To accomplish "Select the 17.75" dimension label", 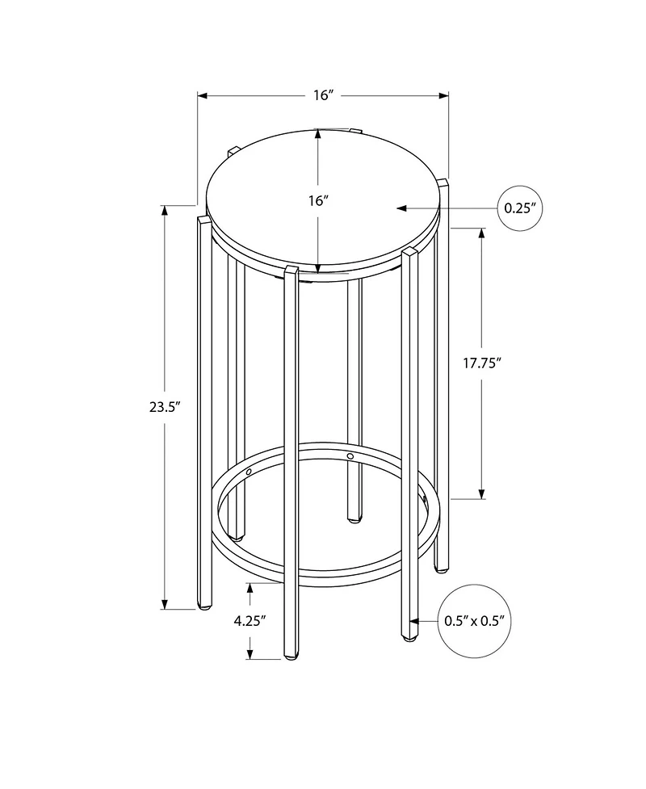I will pos(483,363).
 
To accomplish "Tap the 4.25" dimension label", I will pos(250,621).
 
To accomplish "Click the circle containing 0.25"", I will pos(519,208).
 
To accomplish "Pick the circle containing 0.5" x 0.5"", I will pos(475,621).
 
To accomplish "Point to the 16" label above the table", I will pos(323,95).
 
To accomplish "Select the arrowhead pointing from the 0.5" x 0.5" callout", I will pos(413,621).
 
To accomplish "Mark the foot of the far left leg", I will pos(204,605).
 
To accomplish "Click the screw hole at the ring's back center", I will pos(350,457).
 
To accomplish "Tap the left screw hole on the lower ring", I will pos(250,470).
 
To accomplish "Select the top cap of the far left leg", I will pos(203,217).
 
